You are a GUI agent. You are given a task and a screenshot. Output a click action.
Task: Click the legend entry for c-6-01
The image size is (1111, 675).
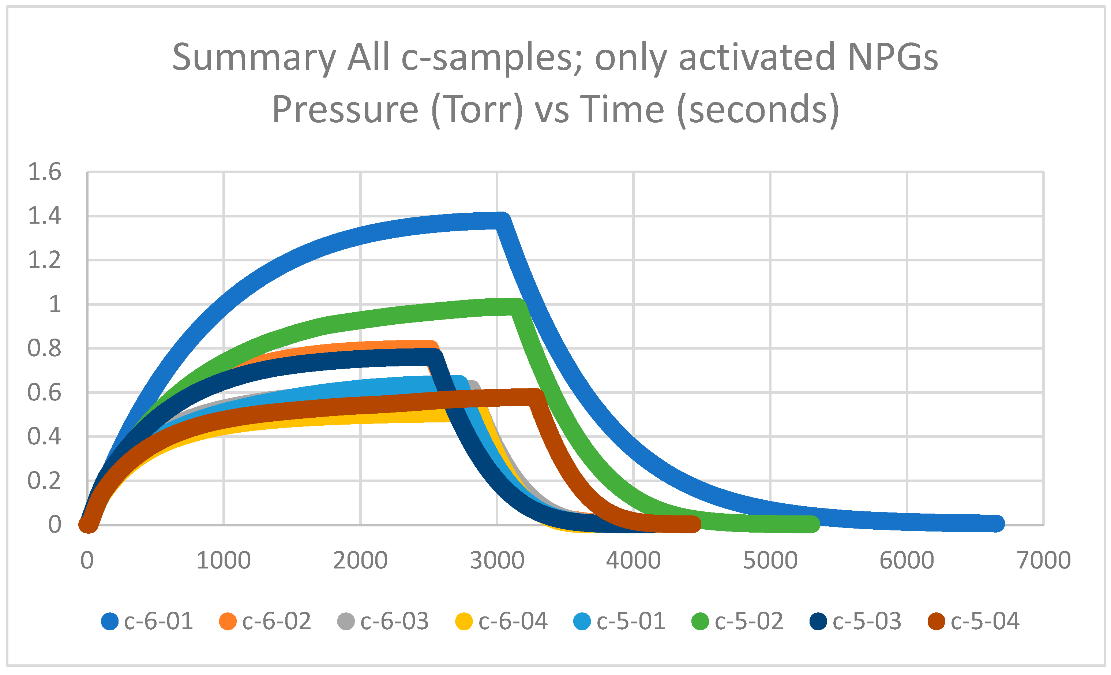tap(148, 621)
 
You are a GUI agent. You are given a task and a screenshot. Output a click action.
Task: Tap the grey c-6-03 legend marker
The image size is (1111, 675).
tap(346, 621)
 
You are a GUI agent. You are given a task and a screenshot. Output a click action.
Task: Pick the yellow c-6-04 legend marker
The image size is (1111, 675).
tap(464, 621)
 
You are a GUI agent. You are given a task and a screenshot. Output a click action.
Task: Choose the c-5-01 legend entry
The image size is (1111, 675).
tap(620, 621)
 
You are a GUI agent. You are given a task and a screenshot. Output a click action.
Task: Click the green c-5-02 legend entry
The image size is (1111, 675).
tap(737, 621)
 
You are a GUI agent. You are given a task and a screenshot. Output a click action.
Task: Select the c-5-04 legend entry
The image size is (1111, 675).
tap(974, 621)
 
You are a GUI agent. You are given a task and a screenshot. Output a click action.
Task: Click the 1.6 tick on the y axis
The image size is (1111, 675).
tap(44, 172)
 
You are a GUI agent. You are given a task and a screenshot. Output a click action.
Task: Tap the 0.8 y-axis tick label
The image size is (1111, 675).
tap(44, 348)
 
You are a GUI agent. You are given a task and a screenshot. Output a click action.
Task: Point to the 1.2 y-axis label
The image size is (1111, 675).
tap(44, 260)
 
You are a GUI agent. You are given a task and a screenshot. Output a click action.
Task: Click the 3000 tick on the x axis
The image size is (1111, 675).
tap(497, 560)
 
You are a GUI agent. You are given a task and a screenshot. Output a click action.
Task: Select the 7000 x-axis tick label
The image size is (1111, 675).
tap(1044, 560)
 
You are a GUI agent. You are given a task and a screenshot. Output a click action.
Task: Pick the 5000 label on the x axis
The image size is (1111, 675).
tap(770, 560)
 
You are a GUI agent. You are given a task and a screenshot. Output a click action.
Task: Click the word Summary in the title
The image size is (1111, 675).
tap(254, 58)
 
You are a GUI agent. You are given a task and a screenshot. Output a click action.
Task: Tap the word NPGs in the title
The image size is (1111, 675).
tap(892, 58)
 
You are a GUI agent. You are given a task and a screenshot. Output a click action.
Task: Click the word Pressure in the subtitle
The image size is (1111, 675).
tap(345, 110)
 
